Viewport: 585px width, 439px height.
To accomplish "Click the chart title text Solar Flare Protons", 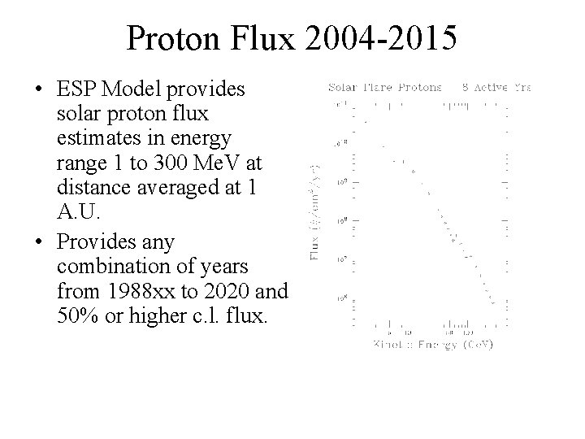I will click(384, 86).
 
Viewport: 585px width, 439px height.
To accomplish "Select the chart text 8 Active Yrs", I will click(496, 86).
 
